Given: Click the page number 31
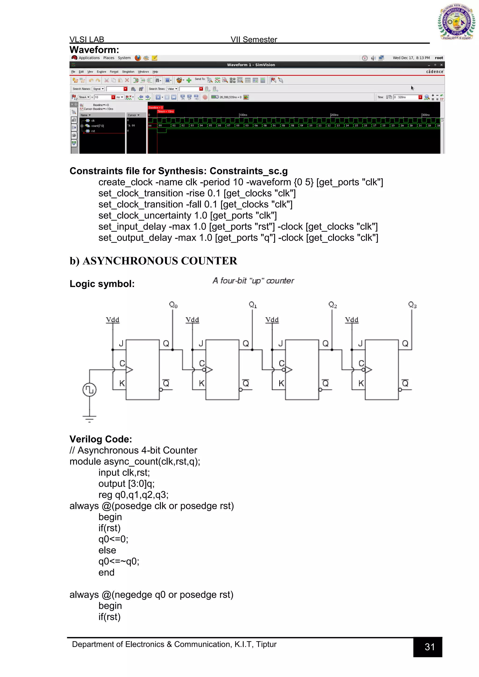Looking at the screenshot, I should pos(429,647).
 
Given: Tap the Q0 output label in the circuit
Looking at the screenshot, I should pos(173,305).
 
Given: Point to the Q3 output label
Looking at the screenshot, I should pos(412,305).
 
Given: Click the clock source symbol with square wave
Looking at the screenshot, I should pos(89,390).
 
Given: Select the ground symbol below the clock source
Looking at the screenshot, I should pos(89,418).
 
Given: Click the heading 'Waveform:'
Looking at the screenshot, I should pos(94,50).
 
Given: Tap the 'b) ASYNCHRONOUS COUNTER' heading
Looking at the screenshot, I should pos(153,261).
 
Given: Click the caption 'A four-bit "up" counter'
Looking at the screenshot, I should pos(253,281).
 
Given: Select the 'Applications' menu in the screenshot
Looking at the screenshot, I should pos(89,58).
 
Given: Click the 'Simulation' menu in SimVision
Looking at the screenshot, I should pos(128,72).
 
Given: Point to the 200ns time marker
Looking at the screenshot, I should pos(334,115).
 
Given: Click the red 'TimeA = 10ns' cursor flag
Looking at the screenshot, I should pos(166,112).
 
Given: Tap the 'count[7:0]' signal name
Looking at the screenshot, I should pos(97,126).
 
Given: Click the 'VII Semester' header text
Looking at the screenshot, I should pos(254,40).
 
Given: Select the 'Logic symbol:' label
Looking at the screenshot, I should pos(102,284).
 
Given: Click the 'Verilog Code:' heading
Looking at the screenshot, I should pos(101,439).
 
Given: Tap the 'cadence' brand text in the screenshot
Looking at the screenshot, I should pos(435,72).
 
